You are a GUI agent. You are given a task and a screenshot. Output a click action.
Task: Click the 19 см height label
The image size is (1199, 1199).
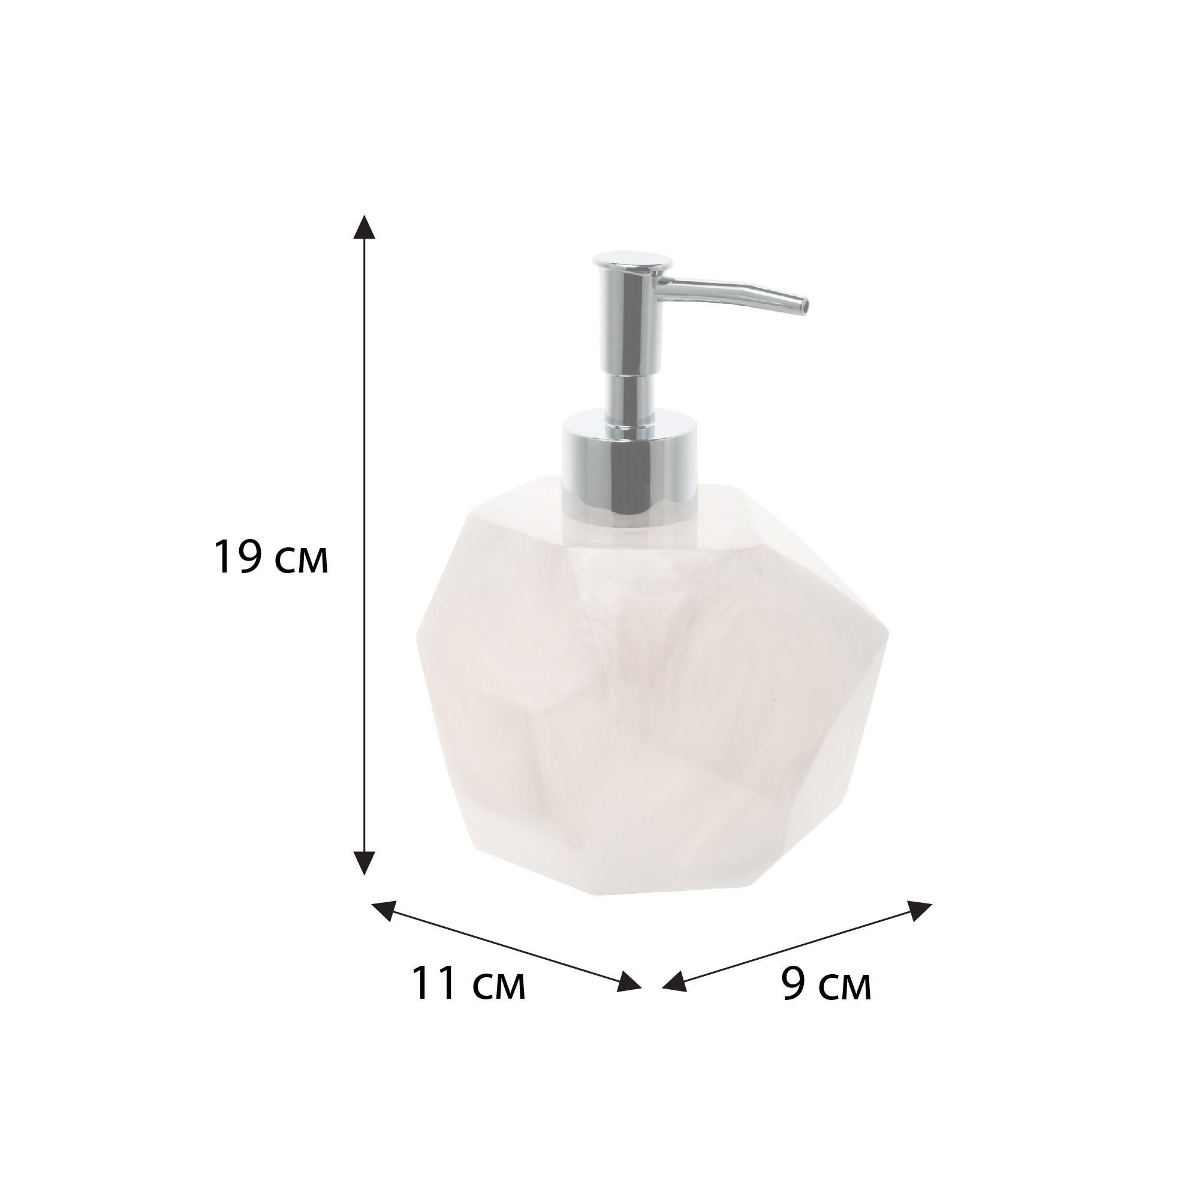coord(271,558)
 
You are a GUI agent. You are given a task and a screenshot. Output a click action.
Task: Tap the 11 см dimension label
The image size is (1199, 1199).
coord(468,984)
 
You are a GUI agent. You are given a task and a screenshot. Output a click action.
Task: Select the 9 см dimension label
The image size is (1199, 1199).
coord(826,984)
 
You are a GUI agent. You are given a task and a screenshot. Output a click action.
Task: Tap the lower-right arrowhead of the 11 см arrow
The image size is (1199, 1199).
coord(629,998)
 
